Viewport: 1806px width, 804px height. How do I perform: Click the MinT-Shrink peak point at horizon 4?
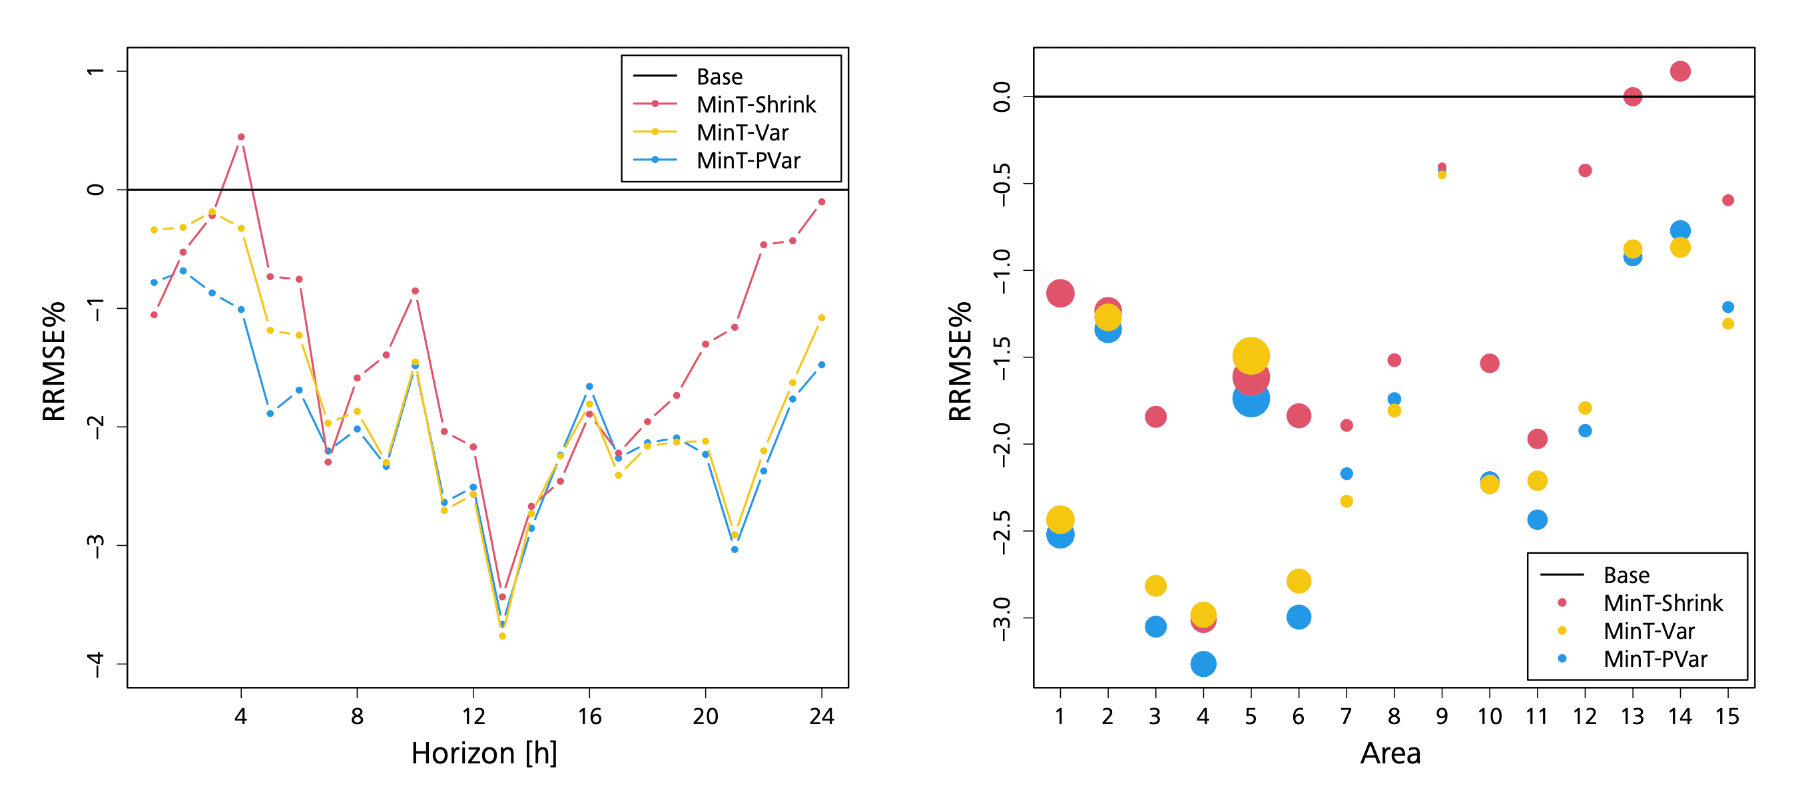(241, 136)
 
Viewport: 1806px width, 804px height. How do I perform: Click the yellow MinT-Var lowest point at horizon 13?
(502, 636)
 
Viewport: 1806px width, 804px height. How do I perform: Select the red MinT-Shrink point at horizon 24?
(822, 202)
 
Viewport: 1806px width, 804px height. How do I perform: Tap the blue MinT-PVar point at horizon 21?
(735, 550)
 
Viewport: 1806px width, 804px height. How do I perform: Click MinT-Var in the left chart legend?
(742, 132)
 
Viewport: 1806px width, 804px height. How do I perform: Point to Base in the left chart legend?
(719, 77)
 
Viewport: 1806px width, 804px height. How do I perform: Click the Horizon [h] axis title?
(483, 753)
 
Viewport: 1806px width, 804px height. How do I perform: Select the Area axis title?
(1390, 753)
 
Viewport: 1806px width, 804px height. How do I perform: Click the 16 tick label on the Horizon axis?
(589, 716)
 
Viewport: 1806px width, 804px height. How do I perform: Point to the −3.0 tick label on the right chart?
(1002, 618)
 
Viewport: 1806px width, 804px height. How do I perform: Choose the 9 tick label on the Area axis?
(1442, 716)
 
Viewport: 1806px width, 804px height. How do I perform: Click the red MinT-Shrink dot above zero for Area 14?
(1679, 71)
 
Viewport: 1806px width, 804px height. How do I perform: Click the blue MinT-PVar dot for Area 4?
(1203, 663)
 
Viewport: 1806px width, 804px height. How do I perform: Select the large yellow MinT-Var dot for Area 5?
(1251, 355)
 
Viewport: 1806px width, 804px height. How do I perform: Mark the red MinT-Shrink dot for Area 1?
(1060, 293)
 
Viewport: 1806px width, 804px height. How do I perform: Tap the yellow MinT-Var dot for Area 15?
(1727, 324)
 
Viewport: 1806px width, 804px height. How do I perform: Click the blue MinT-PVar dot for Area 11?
(1537, 519)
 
